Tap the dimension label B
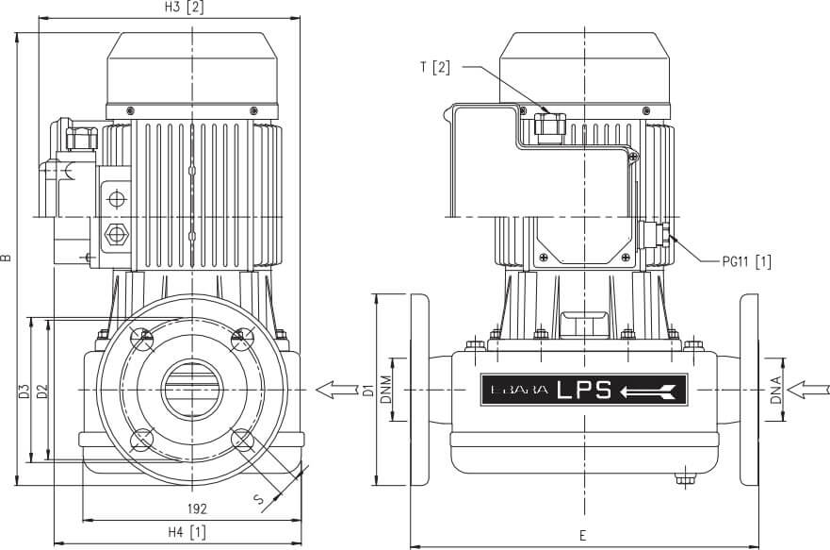(x=8, y=256)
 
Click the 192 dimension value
(x=196, y=508)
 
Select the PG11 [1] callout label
(x=746, y=261)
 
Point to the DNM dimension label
(x=385, y=389)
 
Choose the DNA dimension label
(x=775, y=388)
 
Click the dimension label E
(x=582, y=535)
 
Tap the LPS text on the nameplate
(x=584, y=389)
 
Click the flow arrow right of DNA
(x=812, y=388)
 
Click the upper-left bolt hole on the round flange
(x=143, y=337)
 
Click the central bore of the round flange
(x=192, y=388)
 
